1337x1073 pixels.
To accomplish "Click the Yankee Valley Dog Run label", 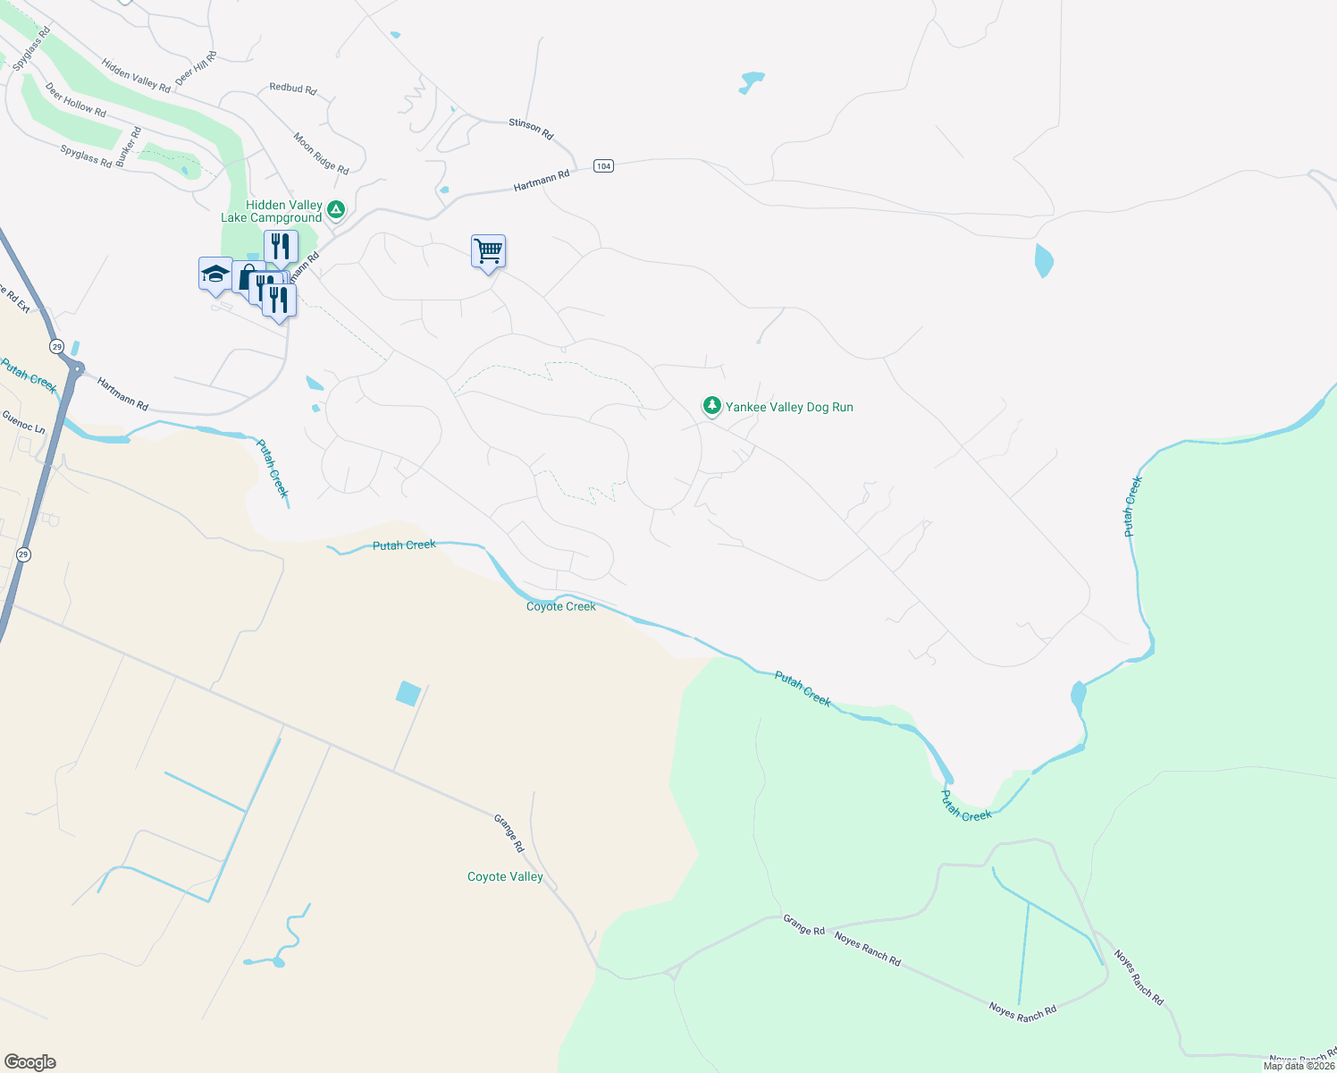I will coord(789,407).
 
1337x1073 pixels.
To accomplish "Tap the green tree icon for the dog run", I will coord(711,406).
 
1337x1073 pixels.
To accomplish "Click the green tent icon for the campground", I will coord(335,210).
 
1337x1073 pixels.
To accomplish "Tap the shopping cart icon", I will coord(488,251).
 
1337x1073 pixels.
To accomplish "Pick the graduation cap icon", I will coord(215,273).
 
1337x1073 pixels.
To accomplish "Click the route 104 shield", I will coord(603,166).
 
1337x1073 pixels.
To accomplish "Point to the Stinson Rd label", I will coord(531,129).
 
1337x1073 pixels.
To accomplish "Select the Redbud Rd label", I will coord(293,89).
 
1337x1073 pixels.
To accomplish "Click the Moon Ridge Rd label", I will coord(321,153).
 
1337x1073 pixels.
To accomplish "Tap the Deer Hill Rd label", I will coord(196,68).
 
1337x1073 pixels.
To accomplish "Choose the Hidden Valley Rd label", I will coord(136,76).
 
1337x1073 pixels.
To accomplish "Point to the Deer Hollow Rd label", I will coord(76,100).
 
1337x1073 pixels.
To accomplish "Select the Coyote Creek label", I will coord(560,606).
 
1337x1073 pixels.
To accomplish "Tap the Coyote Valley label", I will coord(505,876).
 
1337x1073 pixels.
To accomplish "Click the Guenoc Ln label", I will coord(23,421).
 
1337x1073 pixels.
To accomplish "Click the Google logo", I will coord(30,1062).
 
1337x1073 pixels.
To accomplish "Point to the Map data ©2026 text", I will coord(1299,1066).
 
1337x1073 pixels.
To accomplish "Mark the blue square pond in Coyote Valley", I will coord(408,693).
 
